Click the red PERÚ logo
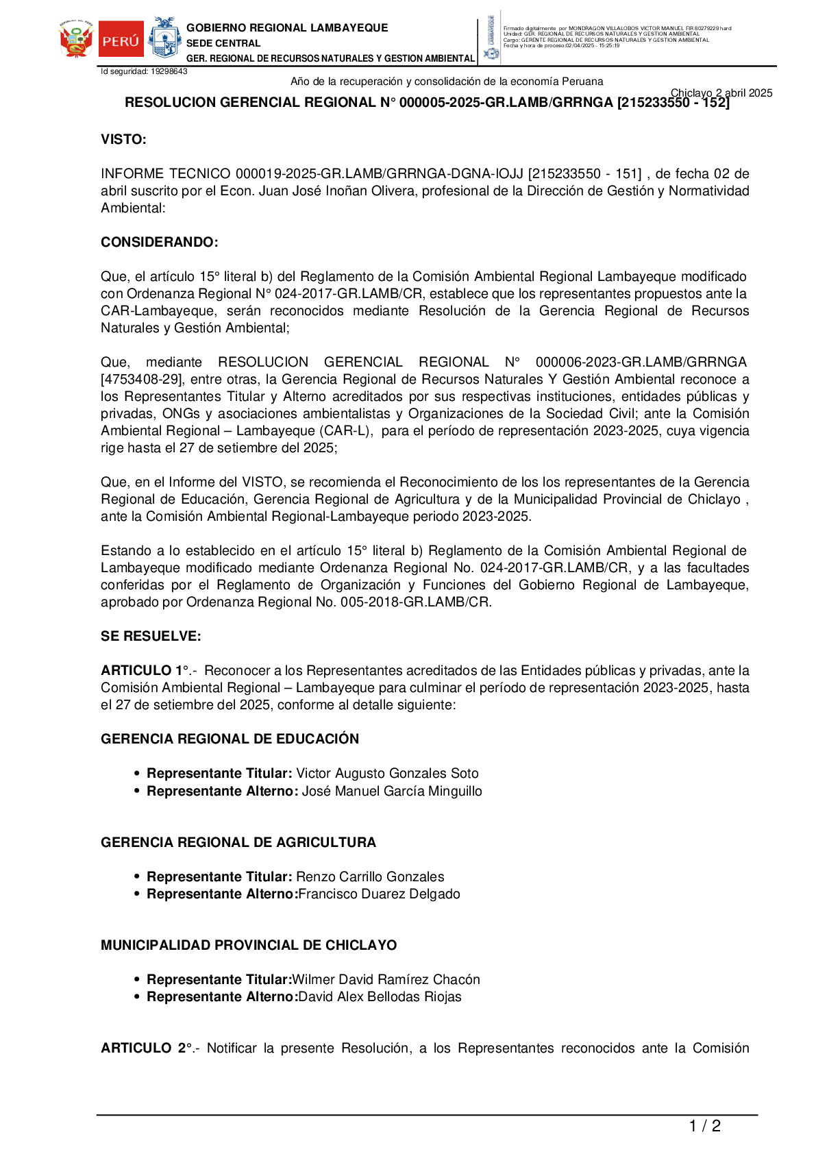click(121, 40)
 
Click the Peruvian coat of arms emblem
click(75, 40)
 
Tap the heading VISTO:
click(123, 140)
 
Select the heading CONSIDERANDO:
click(160, 243)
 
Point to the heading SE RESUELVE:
click(151, 637)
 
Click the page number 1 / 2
click(704, 1126)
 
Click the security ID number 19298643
click(169, 71)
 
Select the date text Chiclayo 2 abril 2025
click(721, 93)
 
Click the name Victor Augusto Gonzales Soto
click(387, 774)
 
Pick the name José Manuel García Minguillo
click(392, 791)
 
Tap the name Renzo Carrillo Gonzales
click(370, 877)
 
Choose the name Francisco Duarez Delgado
click(379, 894)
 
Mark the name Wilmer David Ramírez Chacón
click(386, 980)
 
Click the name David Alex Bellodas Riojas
click(380, 997)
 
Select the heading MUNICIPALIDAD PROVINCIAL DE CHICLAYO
click(249, 946)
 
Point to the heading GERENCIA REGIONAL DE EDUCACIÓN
click(230, 739)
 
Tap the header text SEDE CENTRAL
click(223, 43)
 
